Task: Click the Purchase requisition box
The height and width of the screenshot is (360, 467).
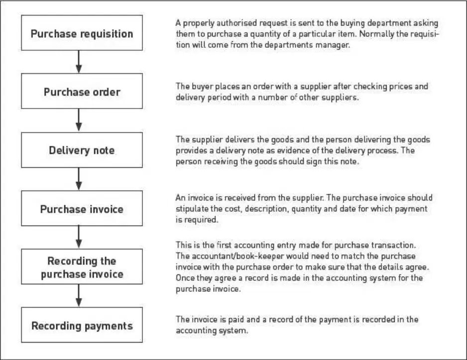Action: [x=82, y=33]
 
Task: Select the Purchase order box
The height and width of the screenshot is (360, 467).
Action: [x=82, y=91]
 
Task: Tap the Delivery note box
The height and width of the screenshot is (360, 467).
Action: [x=82, y=150]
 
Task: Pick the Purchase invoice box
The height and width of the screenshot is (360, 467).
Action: [x=82, y=209]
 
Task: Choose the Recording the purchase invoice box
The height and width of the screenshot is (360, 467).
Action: [x=82, y=266]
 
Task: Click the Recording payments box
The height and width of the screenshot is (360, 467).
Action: [x=82, y=325]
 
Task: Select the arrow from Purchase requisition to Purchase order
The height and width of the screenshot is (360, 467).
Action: [x=79, y=62]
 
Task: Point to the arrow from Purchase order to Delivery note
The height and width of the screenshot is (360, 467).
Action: [x=79, y=120]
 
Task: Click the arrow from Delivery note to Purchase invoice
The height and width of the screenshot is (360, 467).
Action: [x=79, y=179]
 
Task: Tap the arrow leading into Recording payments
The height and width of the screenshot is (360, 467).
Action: [x=79, y=296]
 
